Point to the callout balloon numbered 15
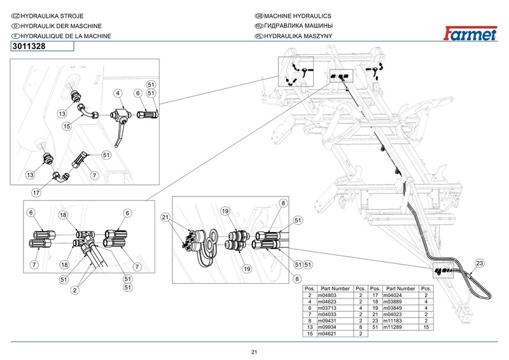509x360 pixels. click(66, 127)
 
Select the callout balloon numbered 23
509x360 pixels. click(479, 263)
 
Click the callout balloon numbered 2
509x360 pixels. click(74, 291)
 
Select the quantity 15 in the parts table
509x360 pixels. click(426, 326)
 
